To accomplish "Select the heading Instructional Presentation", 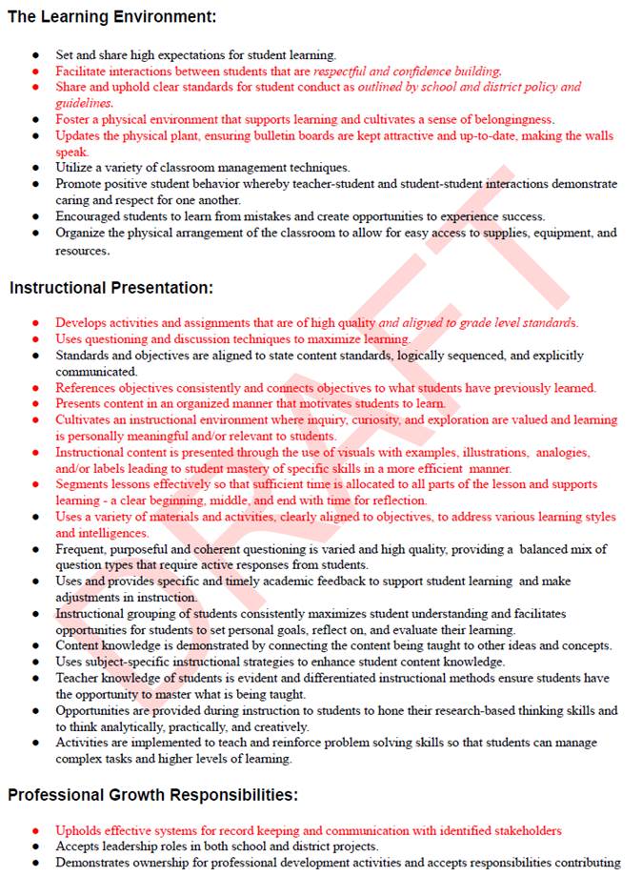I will (x=111, y=287).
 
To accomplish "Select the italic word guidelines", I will (x=84, y=103).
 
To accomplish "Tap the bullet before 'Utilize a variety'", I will (x=35, y=168).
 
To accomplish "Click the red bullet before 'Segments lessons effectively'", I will (x=35, y=484).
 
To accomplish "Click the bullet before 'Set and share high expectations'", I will (x=35, y=55).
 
